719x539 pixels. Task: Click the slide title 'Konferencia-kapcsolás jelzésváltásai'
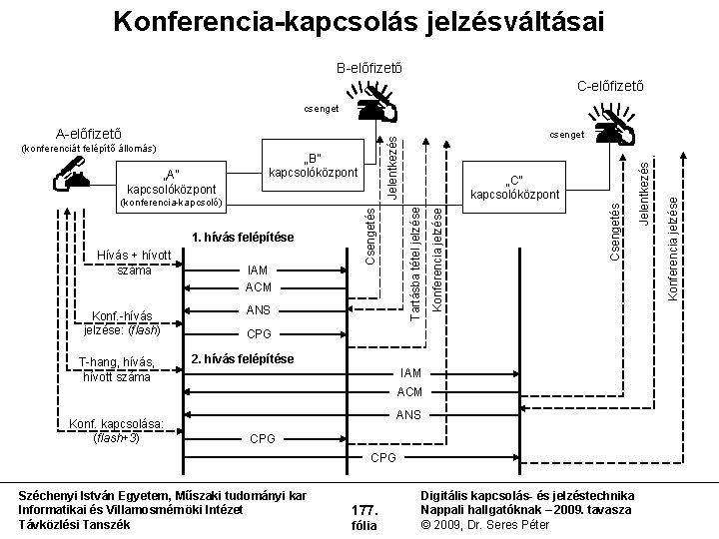coord(359,21)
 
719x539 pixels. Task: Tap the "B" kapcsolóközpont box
coord(314,166)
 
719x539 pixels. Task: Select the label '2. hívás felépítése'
coord(243,358)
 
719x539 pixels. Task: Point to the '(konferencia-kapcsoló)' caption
coord(164,204)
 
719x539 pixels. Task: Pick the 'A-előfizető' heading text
coord(89,131)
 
